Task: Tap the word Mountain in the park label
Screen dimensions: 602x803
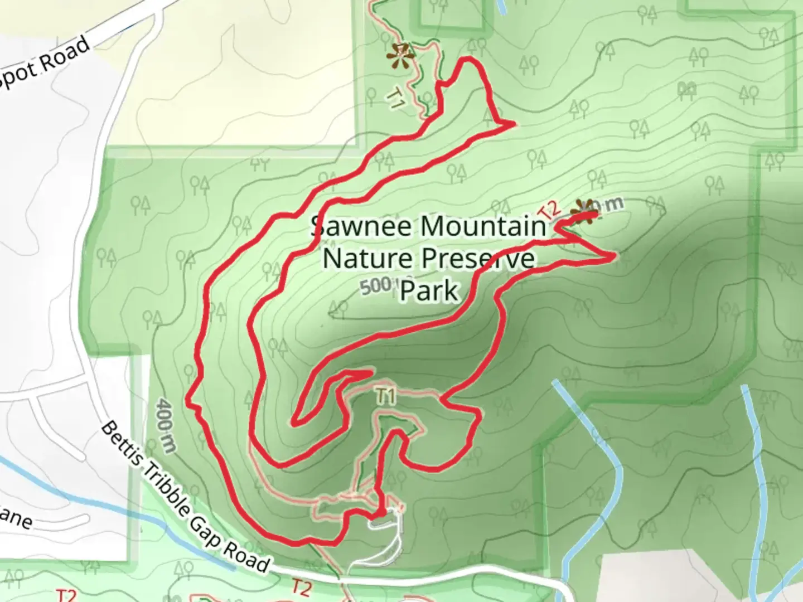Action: [483, 226]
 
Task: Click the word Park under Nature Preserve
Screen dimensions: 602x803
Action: [429, 290]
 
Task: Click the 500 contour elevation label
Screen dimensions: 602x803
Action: [375, 287]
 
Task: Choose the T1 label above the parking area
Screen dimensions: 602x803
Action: [385, 396]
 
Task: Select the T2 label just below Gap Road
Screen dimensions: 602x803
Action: [301, 587]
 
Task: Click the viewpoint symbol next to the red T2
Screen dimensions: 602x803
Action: [584, 212]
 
